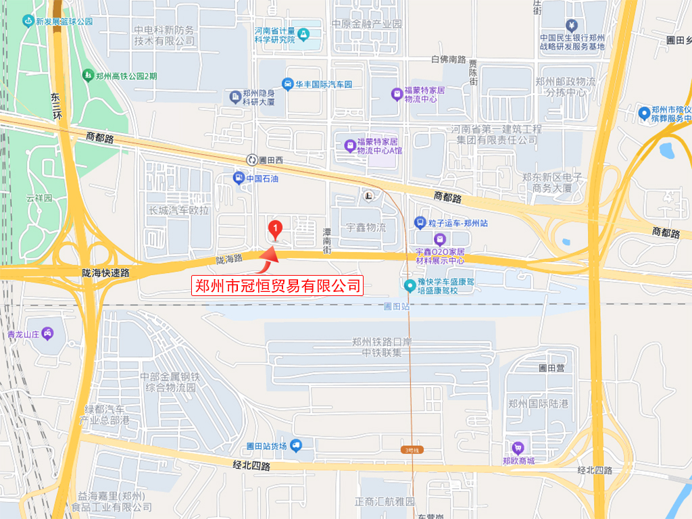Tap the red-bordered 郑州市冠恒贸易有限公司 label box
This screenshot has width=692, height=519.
tap(278, 285)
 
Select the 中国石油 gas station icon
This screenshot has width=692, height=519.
tap(239, 178)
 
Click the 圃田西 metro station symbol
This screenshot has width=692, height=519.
tap(251, 160)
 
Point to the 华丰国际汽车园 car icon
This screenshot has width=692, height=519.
tap(288, 84)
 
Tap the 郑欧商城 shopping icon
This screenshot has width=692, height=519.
tap(518, 447)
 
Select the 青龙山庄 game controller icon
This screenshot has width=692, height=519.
tap(47, 333)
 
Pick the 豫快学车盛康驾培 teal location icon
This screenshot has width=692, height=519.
tap(410, 286)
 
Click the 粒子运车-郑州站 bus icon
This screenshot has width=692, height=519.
tap(419, 222)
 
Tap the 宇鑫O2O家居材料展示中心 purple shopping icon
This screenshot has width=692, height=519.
tap(440, 239)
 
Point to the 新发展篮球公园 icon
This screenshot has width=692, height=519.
tap(27, 21)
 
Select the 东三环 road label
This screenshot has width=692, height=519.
tap(56, 107)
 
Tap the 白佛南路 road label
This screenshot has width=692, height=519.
tap(448, 59)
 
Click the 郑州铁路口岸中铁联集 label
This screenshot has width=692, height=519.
tap(382, 347)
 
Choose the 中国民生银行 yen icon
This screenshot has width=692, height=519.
tap(572, 26)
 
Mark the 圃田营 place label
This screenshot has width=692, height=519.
tap(551, 368)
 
